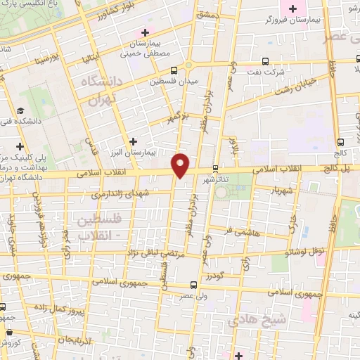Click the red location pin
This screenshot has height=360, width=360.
tap(181, 165)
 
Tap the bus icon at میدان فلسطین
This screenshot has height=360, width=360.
tap(174, 69)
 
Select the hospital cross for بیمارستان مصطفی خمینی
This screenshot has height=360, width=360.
tap(146, 32)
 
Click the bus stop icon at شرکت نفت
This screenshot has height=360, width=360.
tap(264, 61)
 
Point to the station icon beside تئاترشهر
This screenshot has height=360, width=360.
tap(215, 168)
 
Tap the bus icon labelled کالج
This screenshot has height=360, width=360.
tap(341, 141)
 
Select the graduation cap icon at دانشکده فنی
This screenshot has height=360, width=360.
tap(20, 111)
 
